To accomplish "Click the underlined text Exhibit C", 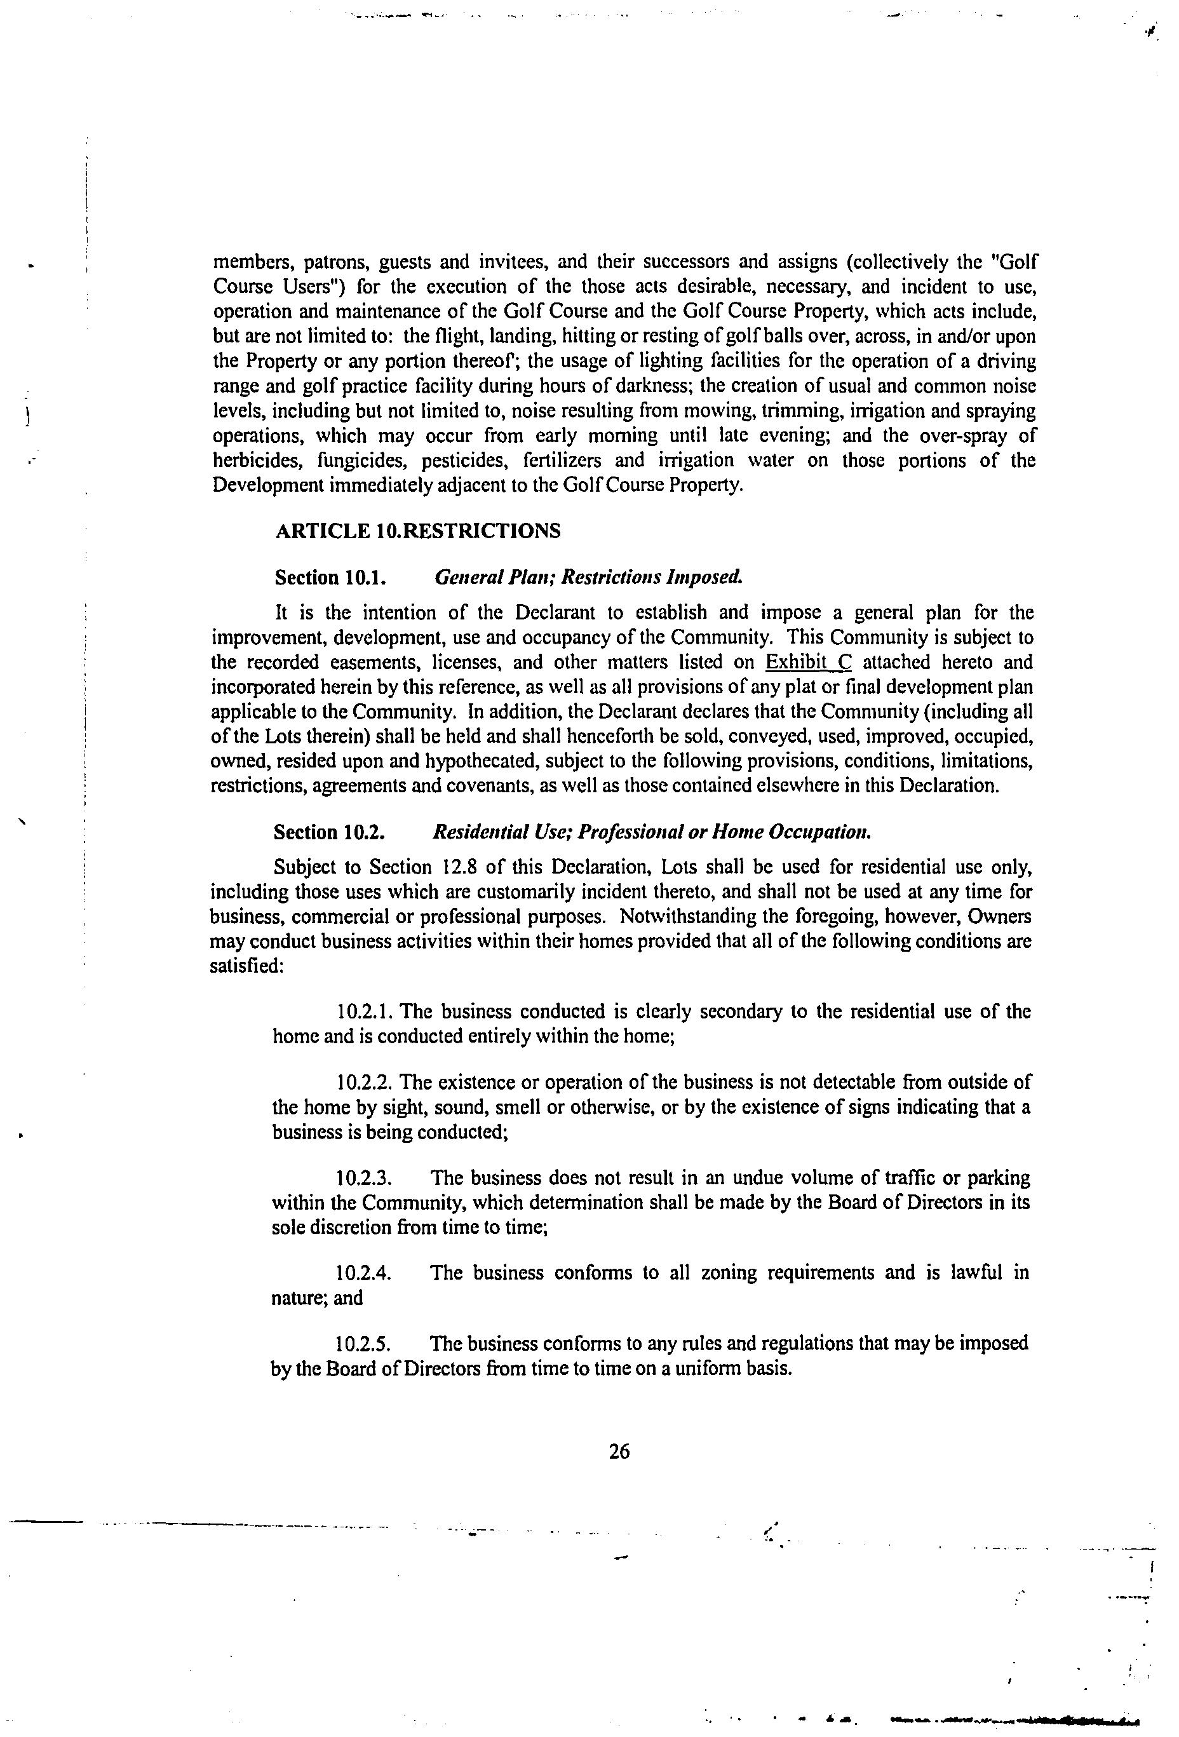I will pos(809,662).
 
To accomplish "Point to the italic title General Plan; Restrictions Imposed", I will pos(589,577).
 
